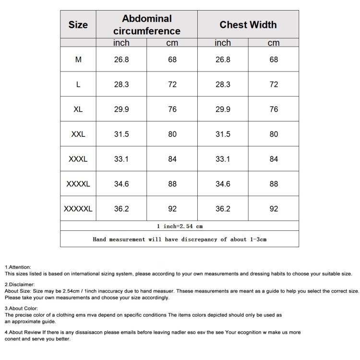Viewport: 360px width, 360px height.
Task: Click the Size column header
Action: point(78,24)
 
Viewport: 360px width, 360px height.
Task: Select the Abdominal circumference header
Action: point(147,24)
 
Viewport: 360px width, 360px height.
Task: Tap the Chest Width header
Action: point(248,24)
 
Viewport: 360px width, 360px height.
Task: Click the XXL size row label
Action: point(78,134)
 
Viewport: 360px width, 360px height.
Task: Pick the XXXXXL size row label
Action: point(78,209)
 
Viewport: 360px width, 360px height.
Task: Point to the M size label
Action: point(78,60)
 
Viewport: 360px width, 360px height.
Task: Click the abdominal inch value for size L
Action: point(121,84)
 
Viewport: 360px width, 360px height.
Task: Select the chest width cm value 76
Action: point(274,109)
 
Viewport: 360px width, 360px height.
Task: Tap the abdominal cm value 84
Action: point(172,159)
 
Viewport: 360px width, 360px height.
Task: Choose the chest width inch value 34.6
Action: point(223,184)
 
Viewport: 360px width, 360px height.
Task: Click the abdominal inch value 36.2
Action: point(121,209)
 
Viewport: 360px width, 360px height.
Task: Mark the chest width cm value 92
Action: point(274,209)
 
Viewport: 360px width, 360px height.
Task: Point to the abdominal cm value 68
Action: point(172,60)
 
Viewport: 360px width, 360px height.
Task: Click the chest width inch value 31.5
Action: point(223,134)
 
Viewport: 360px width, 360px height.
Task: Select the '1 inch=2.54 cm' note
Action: point(180,226)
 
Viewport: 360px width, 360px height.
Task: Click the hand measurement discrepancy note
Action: point(180,239)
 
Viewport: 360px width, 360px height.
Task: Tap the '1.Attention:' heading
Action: point(18,267)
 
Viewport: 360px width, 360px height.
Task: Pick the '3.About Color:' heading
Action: point(21,308)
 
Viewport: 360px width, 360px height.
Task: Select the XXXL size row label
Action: point(78,159)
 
